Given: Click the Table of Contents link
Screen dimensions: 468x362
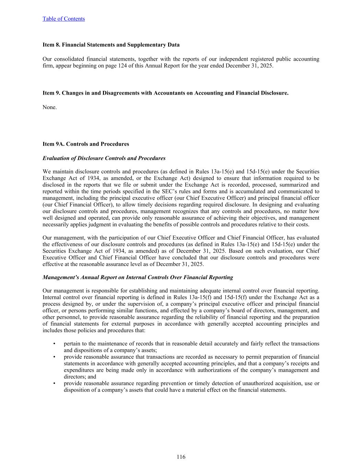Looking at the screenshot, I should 63,19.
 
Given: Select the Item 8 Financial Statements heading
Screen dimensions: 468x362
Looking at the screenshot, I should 111,45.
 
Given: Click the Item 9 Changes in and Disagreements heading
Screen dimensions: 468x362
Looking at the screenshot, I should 165,93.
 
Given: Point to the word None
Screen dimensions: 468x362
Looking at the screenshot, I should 49,107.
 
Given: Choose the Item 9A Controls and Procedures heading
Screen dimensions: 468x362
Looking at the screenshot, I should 86,144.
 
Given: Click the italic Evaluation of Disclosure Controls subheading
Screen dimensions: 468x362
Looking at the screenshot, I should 104,158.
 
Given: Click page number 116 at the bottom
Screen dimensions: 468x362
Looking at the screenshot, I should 181,457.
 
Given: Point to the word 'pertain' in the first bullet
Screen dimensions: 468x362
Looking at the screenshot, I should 71,344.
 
